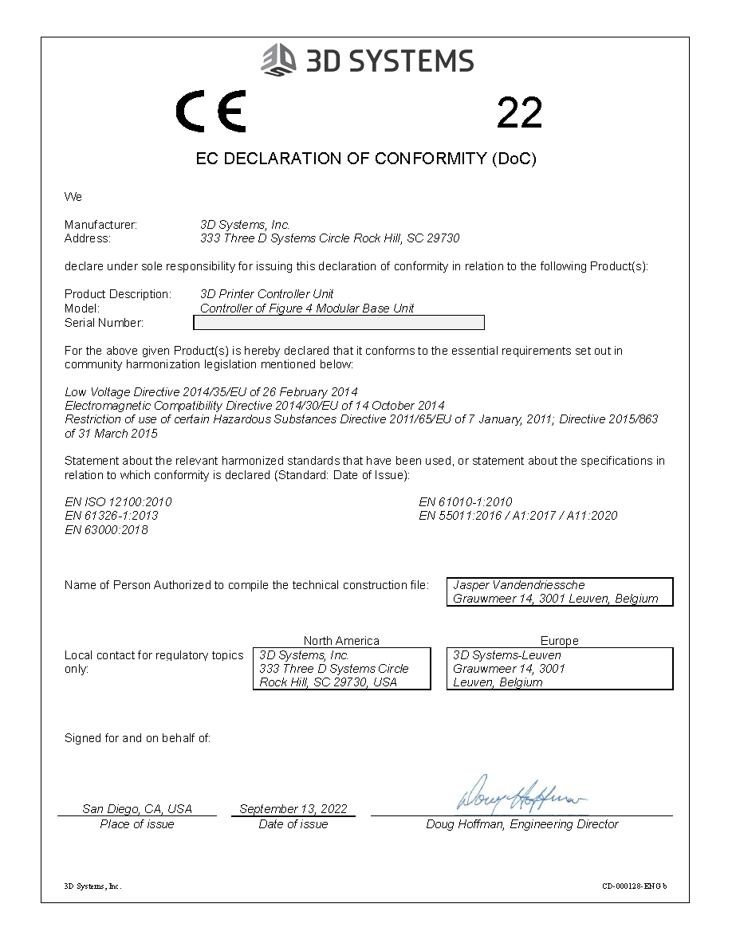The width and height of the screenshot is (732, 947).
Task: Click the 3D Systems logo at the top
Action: pos(368,60)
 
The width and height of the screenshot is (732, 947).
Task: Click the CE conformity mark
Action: pos(211,112)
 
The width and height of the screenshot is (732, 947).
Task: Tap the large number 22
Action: pos(519,112)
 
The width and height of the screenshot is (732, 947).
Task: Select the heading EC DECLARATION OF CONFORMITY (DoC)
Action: pos(366,159)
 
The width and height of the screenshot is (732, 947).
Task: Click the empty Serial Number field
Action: pos(339,323)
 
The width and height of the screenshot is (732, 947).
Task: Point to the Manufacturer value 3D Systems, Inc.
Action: pos(245,225)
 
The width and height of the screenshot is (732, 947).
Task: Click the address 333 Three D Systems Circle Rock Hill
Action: pos(329,238)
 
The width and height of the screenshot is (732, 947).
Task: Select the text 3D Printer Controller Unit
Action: pos(266,294)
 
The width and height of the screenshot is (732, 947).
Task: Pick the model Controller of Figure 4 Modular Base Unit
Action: pos(307,308)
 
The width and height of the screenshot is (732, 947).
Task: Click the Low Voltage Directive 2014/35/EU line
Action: pos(211,392)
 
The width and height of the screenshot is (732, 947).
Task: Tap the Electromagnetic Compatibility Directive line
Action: pos(254,406)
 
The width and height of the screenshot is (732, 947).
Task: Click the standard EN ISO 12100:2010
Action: pos(118,502)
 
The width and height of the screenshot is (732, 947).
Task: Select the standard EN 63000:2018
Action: pos(106,530)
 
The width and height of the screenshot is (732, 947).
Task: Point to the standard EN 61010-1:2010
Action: pos(465,502)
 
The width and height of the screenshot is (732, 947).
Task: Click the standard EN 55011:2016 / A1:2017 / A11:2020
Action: pos(518,516)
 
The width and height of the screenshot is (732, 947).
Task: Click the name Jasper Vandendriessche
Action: pos(518,585)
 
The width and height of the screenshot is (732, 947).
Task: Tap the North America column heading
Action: pos(341,641)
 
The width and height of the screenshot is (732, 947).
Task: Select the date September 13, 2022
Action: pos(293,808)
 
